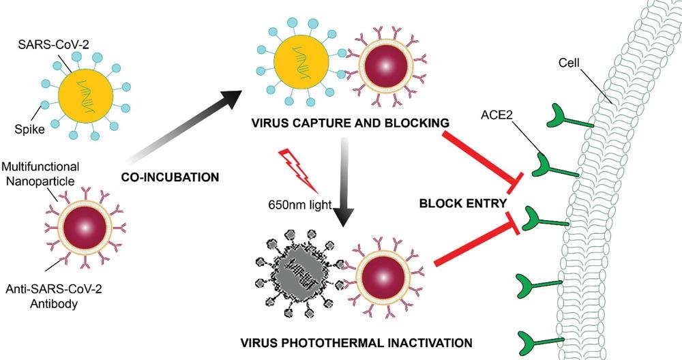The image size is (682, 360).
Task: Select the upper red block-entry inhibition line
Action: point(481,155)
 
